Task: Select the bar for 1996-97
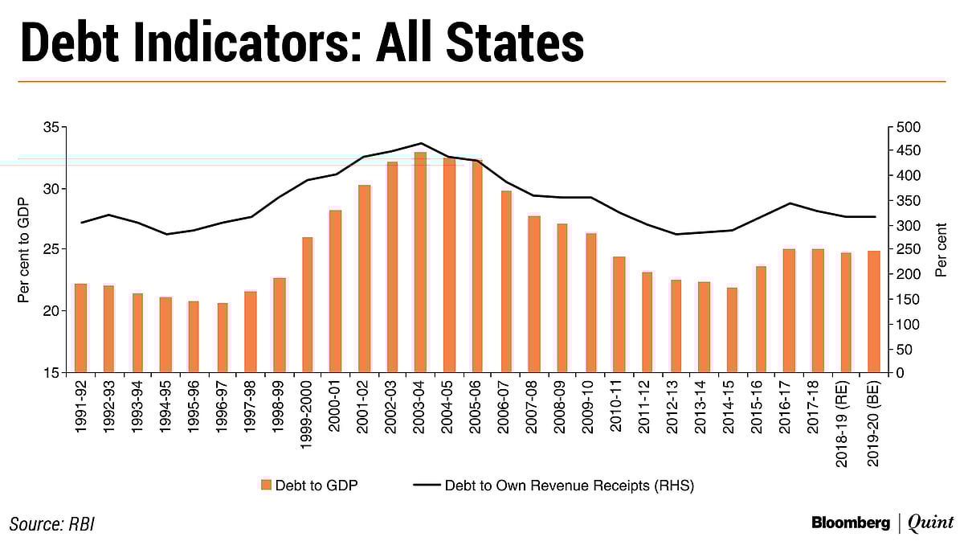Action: (223, 338)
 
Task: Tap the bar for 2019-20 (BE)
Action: (874, 312)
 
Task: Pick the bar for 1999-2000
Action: (308, 305)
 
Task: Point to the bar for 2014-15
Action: (732, 330)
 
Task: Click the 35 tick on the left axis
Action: (50, 128)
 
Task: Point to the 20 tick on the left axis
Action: (50, 311)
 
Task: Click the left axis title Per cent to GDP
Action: (23, 250)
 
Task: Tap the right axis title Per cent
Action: (942, 250)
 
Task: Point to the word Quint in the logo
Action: (930, 523)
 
